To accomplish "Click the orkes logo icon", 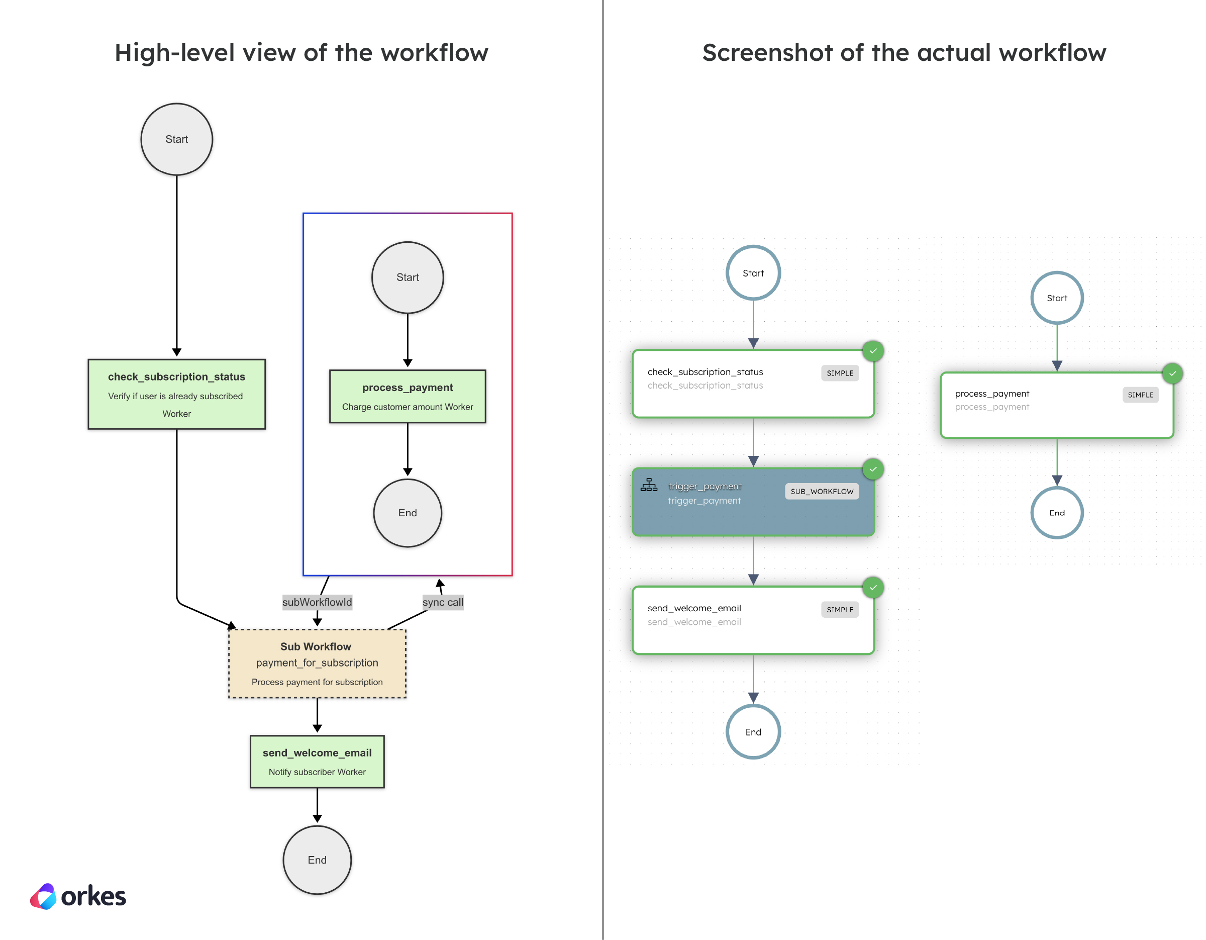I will (44, 896).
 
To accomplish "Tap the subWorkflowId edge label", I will (317, 602).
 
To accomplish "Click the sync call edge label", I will (443, 602).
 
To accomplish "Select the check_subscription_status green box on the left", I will (177, 394).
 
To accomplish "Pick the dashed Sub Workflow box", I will (317, 664).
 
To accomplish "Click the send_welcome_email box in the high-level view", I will (317, 762).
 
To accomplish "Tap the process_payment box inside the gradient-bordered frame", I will (408, 397).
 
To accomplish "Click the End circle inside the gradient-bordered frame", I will (408, 513).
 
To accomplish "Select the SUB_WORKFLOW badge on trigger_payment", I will (822, 492).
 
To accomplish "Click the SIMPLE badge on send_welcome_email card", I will (839, 610).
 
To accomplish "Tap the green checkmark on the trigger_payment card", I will (873, 469).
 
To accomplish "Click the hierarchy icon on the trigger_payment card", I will (649, 485).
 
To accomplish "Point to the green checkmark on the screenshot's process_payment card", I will (1172, 374).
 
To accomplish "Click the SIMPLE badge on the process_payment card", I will (1140, 395).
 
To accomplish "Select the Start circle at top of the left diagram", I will (177, 139).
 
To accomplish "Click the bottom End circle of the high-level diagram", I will (317, 860).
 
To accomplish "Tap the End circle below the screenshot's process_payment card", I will (1057, 513).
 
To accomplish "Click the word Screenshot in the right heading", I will (767, 53).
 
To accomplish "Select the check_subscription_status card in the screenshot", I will (753, 384).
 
